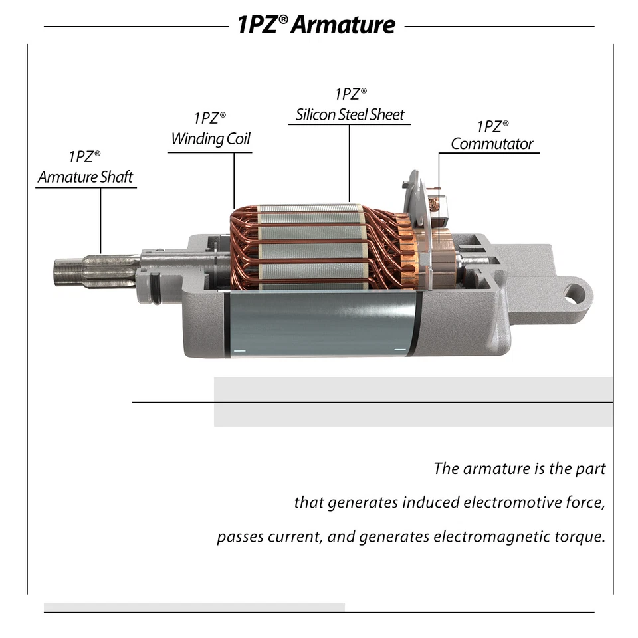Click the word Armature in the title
pos(343,25)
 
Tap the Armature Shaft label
pos(85,177)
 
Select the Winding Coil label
pos(211,138)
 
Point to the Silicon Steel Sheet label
pos(350,114)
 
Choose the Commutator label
pos(492,144)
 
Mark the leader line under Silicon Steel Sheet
pos(350,163)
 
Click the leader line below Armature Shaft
pos(101,219)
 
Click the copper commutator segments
pos(442,263)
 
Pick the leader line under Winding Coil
pos(234,179)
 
